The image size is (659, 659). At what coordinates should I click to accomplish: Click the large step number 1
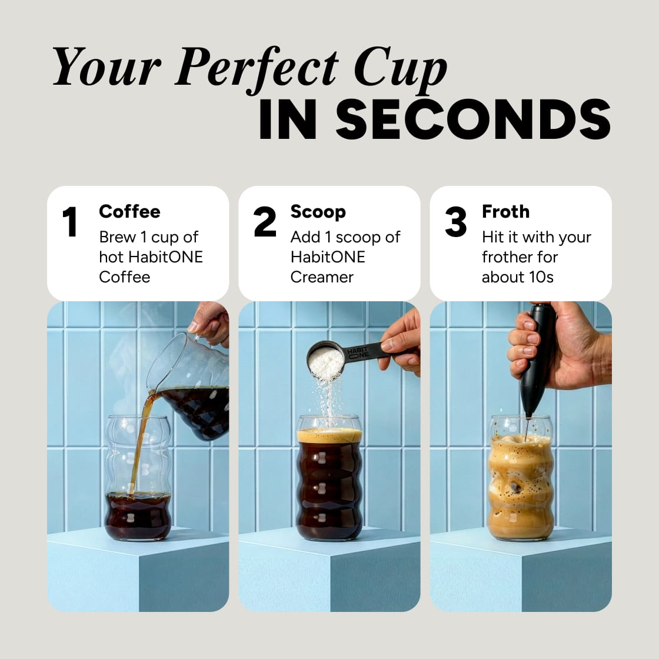[70, 222]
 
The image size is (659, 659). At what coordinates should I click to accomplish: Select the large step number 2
[265, 222]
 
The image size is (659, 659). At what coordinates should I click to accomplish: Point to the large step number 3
[456, 222]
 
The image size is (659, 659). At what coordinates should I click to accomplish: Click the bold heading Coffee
[129, 211]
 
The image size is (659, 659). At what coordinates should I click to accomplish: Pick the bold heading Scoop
[318, 212]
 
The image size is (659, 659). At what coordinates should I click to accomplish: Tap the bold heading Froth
[505, 211]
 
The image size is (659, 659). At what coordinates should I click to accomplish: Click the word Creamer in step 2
[322, 277]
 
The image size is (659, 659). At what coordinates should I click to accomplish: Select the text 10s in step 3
[541, 277]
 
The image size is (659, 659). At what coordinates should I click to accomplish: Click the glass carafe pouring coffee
[191, 388]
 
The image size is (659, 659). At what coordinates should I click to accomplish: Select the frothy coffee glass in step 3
[521, 482]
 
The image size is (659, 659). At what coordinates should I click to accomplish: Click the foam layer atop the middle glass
[329, 436]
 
